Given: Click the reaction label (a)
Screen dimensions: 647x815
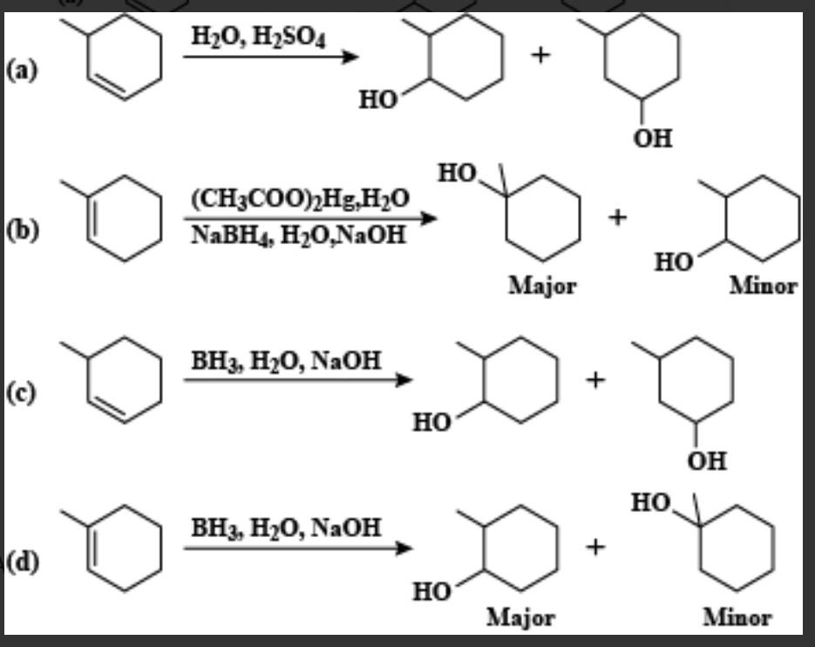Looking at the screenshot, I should (21, 70).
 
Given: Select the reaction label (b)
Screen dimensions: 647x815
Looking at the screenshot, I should (21, 232).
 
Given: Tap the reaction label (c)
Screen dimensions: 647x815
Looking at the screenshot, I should (21, 393).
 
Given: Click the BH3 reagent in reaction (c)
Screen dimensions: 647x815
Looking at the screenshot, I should (212, 359).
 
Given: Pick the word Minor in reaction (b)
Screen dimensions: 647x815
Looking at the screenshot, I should (764, 286).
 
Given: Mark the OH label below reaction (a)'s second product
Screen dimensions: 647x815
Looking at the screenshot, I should (653, 138).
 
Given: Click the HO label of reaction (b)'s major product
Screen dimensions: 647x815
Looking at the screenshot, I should (458, 174).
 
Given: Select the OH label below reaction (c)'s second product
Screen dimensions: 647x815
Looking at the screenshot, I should (706, 460).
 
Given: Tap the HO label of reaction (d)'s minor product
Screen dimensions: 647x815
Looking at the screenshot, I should (652, 503).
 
